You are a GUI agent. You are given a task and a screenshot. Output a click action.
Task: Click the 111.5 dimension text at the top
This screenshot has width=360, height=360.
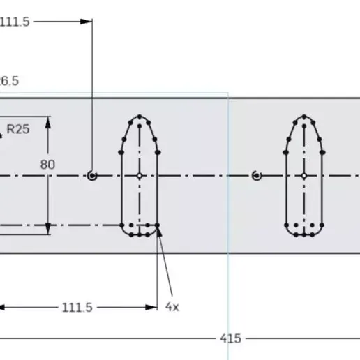tap(15, 22)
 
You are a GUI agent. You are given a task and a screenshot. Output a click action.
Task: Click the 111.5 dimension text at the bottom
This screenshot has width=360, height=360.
tap(77, 307)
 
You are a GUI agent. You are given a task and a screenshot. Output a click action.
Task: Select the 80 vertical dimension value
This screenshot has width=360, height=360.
tap(47, 165)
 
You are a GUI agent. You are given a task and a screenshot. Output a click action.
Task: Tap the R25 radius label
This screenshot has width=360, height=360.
tap(18, 129)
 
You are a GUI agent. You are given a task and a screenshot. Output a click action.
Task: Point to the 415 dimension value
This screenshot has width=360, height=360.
tap(230, 338)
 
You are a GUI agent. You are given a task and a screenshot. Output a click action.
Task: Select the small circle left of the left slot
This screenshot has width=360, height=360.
tap(92, 176)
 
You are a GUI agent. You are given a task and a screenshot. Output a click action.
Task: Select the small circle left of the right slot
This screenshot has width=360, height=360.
tap(257, 176)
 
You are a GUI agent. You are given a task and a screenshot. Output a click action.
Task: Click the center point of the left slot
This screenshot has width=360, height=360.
tap(140, 176)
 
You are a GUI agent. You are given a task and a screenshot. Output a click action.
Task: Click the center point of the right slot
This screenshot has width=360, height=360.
tap(304, 176)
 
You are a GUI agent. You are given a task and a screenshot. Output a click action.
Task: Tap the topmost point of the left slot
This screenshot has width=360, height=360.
tap(140, 117)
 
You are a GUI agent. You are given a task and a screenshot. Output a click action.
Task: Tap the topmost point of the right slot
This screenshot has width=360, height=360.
tap(304, 117)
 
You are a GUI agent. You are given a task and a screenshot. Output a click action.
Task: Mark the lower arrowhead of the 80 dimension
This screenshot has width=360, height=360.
tap(47, 230)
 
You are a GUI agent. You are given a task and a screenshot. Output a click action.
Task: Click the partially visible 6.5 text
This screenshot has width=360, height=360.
tap(9, 81)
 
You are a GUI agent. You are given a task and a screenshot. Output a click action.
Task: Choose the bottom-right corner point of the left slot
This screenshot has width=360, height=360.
tap(158, 225)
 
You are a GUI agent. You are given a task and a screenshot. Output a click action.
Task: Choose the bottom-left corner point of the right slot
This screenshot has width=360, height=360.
tap(287, 225)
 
